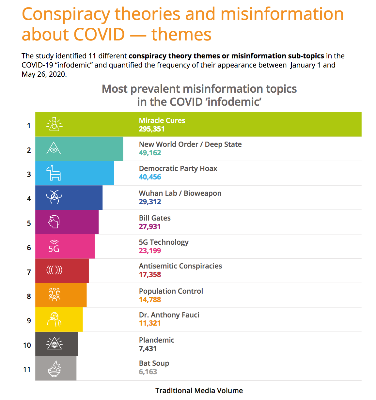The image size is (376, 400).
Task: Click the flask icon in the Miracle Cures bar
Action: click(x=54, y=124)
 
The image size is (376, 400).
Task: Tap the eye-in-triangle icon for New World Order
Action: click(x=54, y=148)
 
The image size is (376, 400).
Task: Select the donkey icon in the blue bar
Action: click(x=54, y=173)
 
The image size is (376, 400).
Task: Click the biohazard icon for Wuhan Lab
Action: click(x=54, y=197)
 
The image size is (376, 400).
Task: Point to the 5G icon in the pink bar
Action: click(x=54, y=246)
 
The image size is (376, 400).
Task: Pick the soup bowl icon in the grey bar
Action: click(x=54, y=369)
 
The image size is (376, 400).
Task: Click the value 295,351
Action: click(x=152, y=129)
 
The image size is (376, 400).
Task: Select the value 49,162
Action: click(x=150, y=153)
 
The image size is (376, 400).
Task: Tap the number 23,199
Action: click(x=150, y=251)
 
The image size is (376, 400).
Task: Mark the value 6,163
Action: click(x=148, y=372)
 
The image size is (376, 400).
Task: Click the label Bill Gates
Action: click(x=155, y=218)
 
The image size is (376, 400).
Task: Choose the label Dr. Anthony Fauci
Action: click(x=169, y=315)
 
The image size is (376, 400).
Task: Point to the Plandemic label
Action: click(x=157, y=340)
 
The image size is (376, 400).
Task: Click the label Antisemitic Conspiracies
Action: click(x=180, y=266)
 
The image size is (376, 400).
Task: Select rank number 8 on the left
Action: click(x=29, y=296)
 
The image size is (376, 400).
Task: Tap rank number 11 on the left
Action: click(x=27, y=369)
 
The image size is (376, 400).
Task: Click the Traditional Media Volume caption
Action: click(x=199, y=391)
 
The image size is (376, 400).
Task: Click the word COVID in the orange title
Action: click(x=99, y=34)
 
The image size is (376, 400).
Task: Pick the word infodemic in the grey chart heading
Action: click(x=234, y=102)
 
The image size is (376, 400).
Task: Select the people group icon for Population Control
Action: click(x=54, y=294)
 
